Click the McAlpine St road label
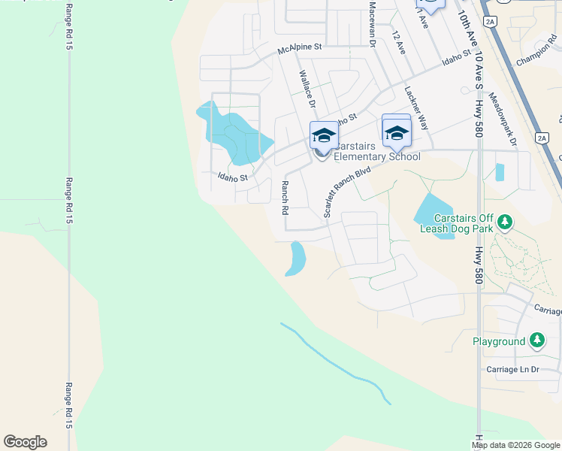point(299,47)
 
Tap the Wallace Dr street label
point(307,89)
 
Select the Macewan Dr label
point(372,25)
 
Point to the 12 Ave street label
point(399,43)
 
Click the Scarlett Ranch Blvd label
point(347,192)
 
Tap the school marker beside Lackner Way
point(396,133)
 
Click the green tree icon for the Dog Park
point(506,222)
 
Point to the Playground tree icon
point(536,341)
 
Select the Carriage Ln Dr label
point(513,369)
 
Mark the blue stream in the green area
point(338,360)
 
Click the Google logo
point(25,442)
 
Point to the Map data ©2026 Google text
point(515,445)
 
